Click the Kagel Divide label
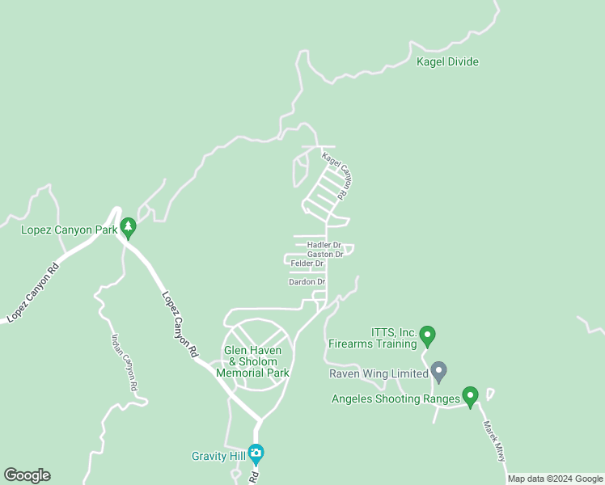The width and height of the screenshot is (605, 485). click(x=447, y=62)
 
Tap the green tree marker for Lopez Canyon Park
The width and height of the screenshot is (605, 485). click(x=127, y=227)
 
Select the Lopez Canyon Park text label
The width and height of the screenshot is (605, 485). click(x=70, y=230)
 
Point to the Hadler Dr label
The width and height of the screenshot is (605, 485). click(x=324, y=244)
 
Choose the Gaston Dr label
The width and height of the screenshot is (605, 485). click(x=325, y=254)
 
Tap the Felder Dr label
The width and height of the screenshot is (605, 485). click(x=307, y=264)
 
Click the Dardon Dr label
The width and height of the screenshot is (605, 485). click(x=307, y=282)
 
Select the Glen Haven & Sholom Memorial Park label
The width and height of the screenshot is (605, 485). click(x=256, y=361)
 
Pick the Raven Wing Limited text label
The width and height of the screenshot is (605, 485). click(x=378, y=374)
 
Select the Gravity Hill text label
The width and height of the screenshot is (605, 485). click(x=218, y=456)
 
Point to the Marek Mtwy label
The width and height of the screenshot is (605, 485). click(x=494, y=441)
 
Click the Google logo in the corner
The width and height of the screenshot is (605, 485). click(x=27, y=475)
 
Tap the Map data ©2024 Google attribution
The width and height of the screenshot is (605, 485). click(x=556, y=479)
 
